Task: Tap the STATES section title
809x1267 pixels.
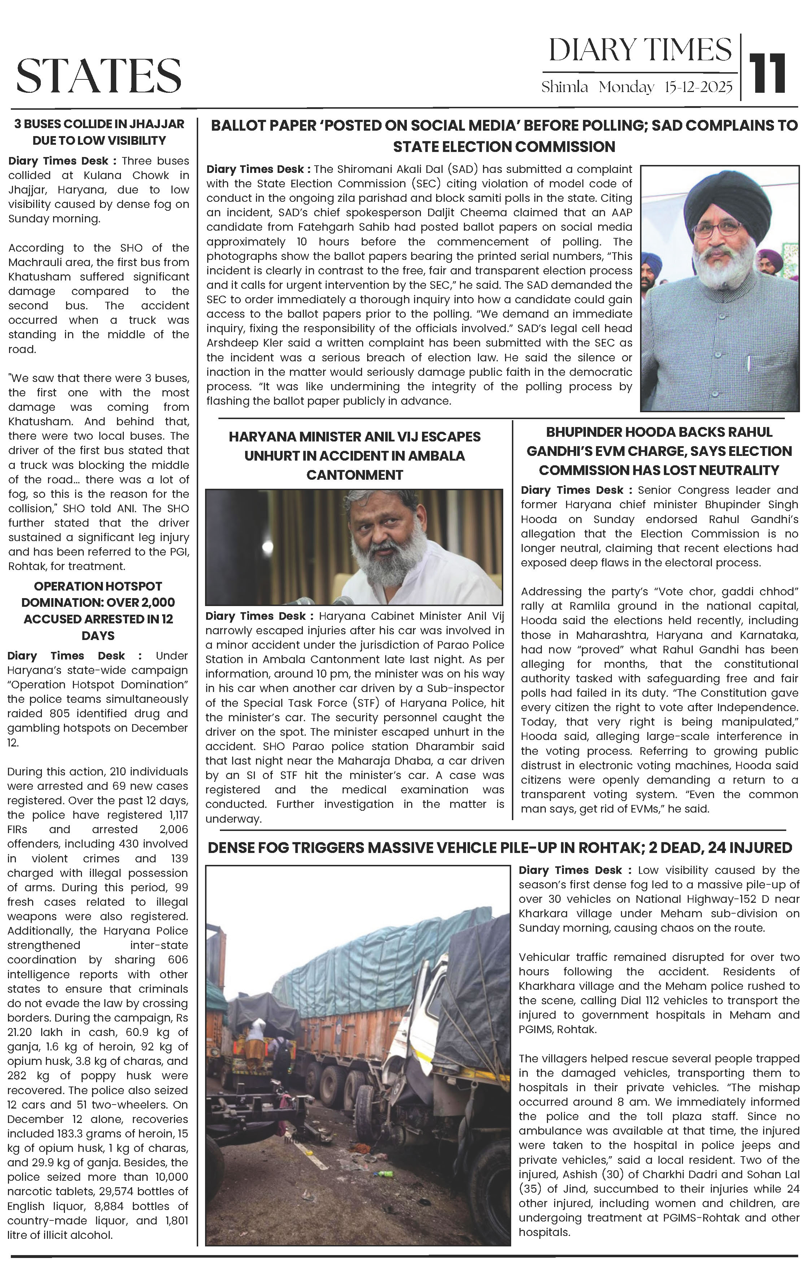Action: pyautogui.click(x=99, y=76)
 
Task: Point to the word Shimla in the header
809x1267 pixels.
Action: pyautogui.click(x=564, y=87)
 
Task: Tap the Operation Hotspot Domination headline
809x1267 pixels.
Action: pyautogui.click(x=99, y=610)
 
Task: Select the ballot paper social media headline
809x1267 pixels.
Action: pyautogui.click(x=504, y=136)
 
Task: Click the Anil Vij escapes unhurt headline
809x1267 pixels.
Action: pyautogui.click(x=354, y=456)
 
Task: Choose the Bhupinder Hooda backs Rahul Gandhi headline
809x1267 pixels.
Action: pyautogui.click(x=659, y=451)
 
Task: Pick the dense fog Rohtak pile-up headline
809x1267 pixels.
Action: pyautogui.click(x=500, y=848)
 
